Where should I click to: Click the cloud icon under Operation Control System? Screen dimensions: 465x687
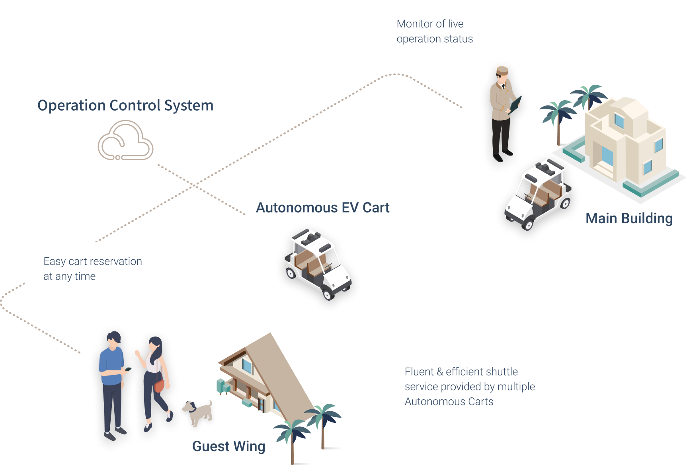tap(125, 141)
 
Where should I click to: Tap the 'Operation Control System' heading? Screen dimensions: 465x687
tap(125, 105)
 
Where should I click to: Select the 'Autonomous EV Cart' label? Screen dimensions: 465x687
tap(322, 208)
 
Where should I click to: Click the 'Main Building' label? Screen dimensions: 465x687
tap(629, 218)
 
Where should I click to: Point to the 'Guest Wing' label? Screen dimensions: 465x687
tap(228, 446)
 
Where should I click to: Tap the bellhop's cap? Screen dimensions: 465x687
tap(502, 71)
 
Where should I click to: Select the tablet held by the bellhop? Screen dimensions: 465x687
tap(516, 104)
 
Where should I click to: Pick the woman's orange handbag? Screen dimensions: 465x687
tap(159, 385)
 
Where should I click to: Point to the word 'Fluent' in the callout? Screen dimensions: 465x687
tap(419, 372)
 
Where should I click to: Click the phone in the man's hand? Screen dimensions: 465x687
tap(128, 369)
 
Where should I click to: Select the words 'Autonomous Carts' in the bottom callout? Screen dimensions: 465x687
tap(449, 402)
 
